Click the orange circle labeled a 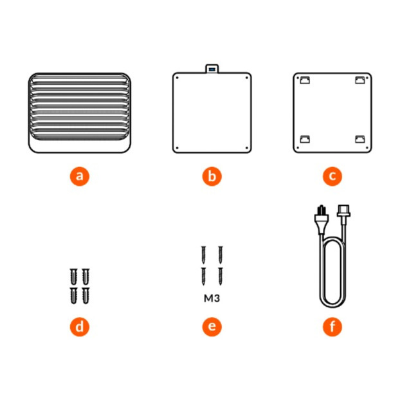click(x=80, y=176)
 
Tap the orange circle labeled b click(x=212, y=176)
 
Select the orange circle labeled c click(x=332, y=176)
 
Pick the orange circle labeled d click(x=80, y=327)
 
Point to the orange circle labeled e click(x=212, y=327)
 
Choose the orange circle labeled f click(x=332, y=327)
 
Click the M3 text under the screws click(x=212, y=298)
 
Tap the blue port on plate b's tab click(x=212, y=69)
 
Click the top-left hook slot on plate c click(x=305, y=80)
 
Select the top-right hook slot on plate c click(x=360, y=80)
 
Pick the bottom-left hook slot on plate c click(x=305, y=139)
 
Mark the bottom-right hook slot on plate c click(x=360, y=139)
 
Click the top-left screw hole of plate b click(x=177, y=78)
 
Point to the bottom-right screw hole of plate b click(x=246, y=148)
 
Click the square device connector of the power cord click(x=344, y=214)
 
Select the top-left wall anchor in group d click(x=73, y=277)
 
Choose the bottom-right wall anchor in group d click(x=86, y=295)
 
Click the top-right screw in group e click(x=221, y=255)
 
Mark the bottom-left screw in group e click(x=204, y=276)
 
